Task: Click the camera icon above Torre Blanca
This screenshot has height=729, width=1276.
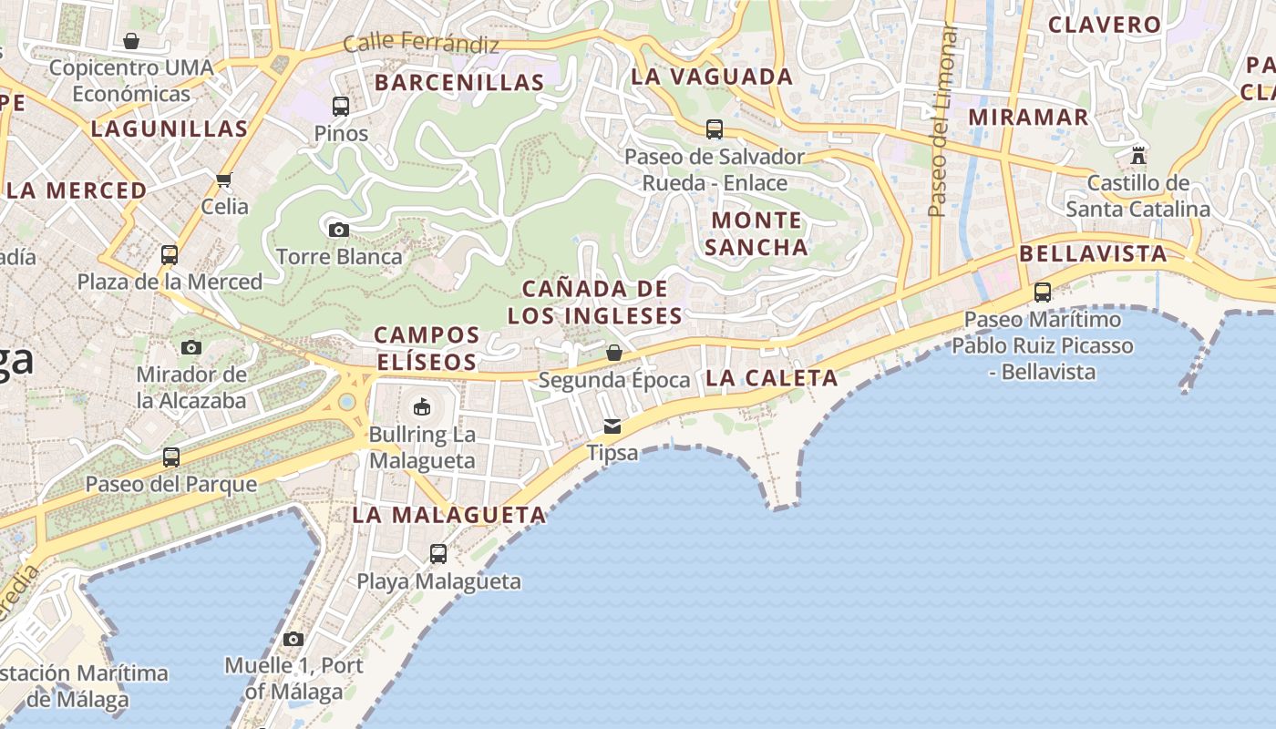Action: pos(339,230)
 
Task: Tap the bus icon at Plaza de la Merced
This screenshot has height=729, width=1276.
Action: pos(170,254)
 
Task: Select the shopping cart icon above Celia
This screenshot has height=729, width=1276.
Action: pos(224,180)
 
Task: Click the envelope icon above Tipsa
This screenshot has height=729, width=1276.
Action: pos(612,426)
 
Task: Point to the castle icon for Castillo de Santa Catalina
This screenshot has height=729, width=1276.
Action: pos(1137,156)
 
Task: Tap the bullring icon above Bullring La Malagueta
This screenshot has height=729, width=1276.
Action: pos(422,407)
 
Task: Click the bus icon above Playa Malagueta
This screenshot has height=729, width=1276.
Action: pos(438,553)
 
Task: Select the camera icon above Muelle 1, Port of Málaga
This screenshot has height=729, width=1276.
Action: pos(293,639)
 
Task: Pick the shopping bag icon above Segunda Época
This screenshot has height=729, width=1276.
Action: pos(614,353)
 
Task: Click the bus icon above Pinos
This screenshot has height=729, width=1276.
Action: pos(341,107)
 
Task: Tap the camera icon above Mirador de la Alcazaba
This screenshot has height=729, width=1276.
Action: pos(191,347)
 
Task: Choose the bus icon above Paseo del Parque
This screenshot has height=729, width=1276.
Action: pos(171,457)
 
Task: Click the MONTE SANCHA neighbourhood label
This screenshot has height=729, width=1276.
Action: pos(756,233)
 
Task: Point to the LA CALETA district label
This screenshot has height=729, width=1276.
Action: pos(771,377)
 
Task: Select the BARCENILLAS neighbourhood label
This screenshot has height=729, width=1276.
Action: pos(459,82)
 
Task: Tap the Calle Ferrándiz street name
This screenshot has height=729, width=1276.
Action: pos(421,43)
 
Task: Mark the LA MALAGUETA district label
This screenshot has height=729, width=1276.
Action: pos(449,515)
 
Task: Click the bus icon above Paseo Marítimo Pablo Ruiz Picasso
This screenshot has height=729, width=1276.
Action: pos(1043,293)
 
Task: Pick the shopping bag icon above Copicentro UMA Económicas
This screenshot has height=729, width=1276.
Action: pos(131,41)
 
